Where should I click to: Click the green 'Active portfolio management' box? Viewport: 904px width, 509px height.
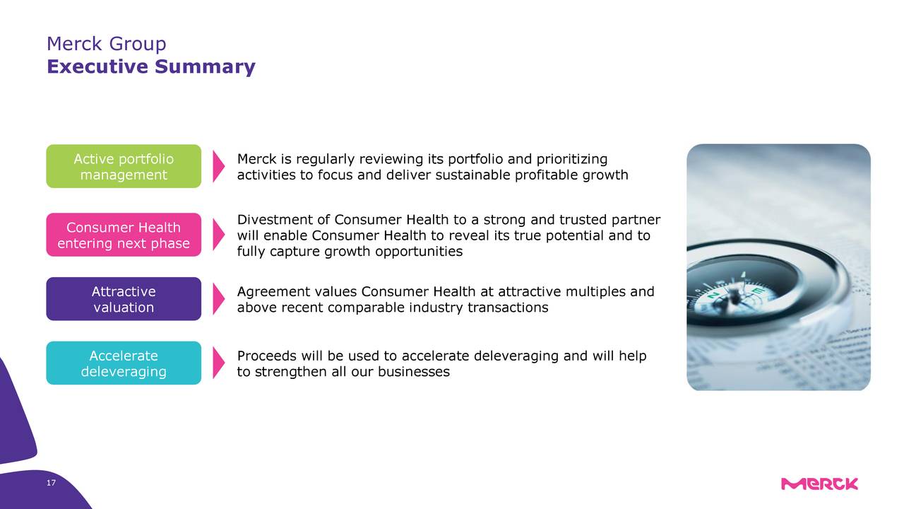124,166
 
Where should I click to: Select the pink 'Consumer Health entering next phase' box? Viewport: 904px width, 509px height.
124,235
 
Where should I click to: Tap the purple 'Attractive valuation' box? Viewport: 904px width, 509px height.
124,299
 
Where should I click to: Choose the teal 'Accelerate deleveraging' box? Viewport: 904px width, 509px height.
124,363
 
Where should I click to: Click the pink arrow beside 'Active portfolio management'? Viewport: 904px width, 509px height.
218,166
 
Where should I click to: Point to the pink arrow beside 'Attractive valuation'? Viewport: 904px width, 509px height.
218,299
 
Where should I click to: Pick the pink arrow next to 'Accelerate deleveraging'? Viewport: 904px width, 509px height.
218,363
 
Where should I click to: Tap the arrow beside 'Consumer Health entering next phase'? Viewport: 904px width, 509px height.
218,235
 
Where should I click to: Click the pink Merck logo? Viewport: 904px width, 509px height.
819,484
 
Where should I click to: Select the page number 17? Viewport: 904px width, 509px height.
51,483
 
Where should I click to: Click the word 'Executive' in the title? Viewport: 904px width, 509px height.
97,66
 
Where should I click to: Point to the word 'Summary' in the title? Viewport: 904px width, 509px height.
205,67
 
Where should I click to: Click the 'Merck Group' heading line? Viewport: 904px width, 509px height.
107,44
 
